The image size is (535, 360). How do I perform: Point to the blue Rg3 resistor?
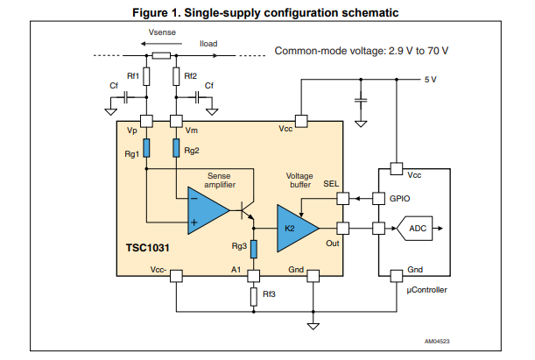pyautogui.click(x=254, y=250)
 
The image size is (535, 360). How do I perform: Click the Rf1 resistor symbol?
pyautogui.click(x=146, y=76)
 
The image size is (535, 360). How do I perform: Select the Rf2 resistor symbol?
pyautogui.click(x=177, y=76)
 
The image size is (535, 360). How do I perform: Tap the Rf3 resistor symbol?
pyautogui.click(x=254, y=295)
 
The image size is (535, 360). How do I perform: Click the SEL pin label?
pyautogui.click(x=330, y=183)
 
